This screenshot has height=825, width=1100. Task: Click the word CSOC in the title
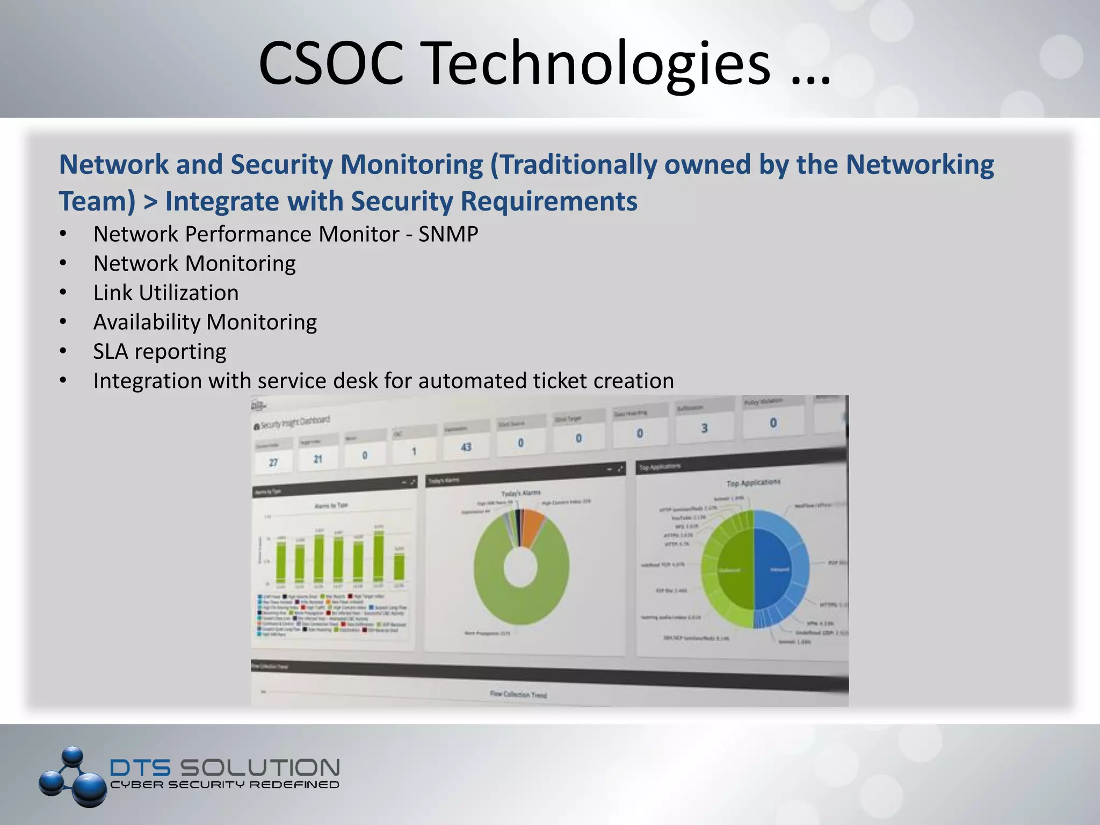(x=331, y=63)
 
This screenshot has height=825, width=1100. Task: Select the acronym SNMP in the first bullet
(x=448, y=234)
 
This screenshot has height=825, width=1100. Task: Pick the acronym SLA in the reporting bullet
(x=111, y=351)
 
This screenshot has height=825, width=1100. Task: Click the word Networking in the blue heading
(x=920, y=164)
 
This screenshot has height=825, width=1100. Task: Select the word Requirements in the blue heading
(x=549, y=201)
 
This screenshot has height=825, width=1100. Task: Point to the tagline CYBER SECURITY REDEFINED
(x=225, y=785)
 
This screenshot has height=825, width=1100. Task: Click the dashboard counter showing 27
(x=273, y=462)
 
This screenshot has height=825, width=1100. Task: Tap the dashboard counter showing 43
(x=466, y=447)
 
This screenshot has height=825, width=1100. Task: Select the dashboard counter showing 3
(x=704, y=428)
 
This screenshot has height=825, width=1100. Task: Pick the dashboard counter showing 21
(x=318, y=459)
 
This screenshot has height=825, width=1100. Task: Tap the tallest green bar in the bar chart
(x=379, y=556)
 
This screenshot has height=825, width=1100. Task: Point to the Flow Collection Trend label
(x=518, y=694)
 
